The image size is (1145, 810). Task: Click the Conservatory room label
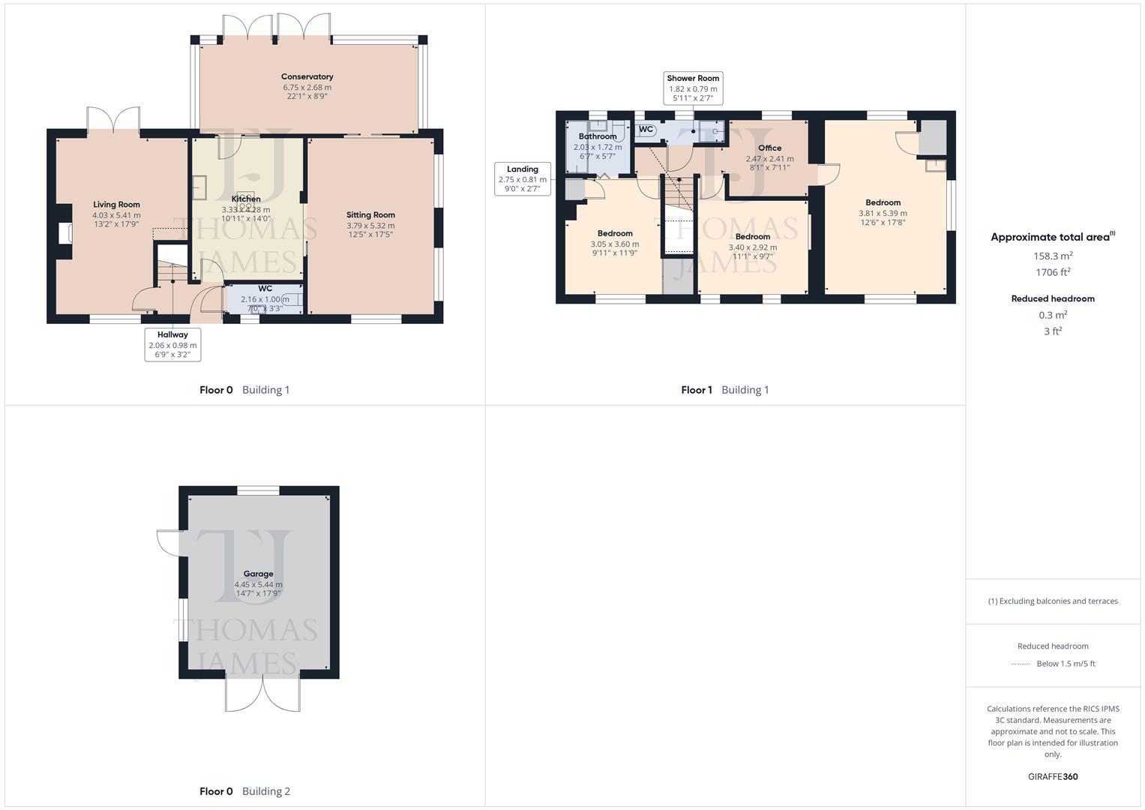pos(307,76)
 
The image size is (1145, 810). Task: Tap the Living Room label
pos(116,205)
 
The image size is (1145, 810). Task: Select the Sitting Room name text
pos(370,215)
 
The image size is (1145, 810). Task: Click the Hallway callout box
pos(172,345)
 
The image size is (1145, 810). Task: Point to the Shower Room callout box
pos(693,88)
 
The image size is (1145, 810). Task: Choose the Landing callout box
pos(523,179)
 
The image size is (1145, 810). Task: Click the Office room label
pos(769,148)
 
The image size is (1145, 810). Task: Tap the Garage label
pos(258,574)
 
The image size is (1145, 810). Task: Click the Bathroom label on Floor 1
pos(598,136)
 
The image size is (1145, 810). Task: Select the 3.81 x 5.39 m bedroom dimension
pos(883,213)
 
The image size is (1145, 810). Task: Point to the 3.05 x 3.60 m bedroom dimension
pos(615,244)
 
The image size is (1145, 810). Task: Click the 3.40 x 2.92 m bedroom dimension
pos(753,247)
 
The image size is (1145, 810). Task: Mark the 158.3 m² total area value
pos(1053,256)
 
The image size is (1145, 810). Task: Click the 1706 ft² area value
pos(1053,273)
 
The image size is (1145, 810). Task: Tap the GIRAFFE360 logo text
pos(1053,777)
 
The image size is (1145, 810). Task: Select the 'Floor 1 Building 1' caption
pos(724,390)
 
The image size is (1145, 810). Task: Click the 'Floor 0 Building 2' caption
pos(244,791)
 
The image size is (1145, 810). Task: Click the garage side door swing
pos(169,541)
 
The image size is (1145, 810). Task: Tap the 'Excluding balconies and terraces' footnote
pos(1053,601)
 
